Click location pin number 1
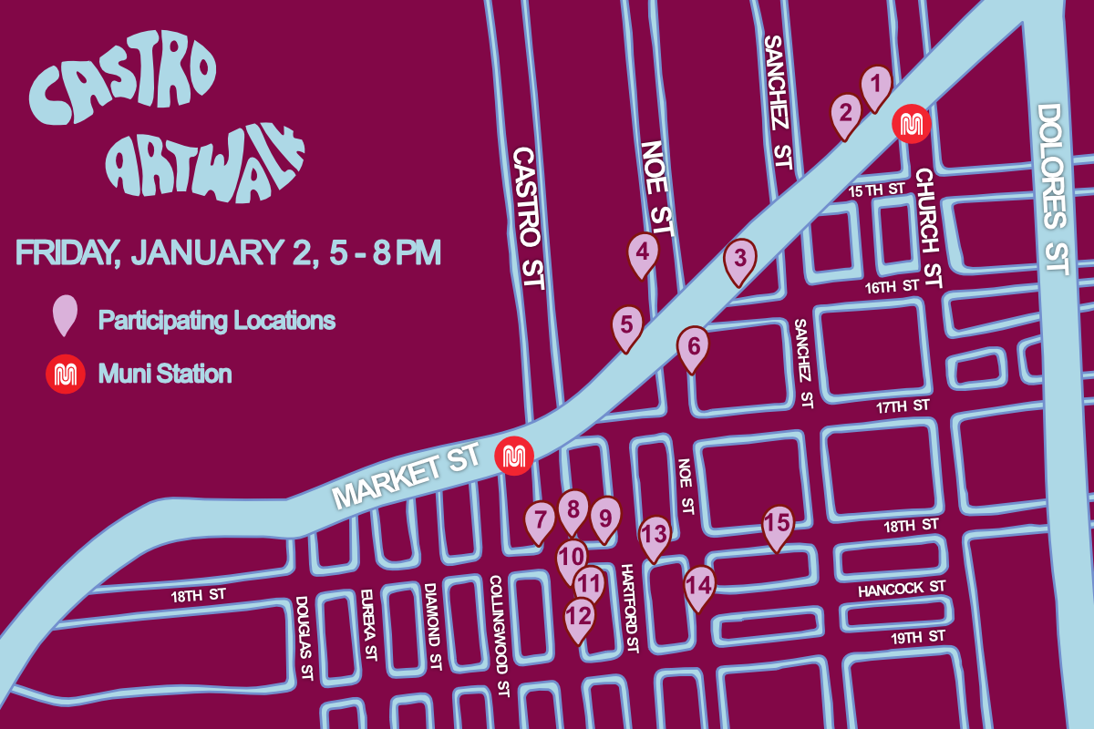coord(876,87)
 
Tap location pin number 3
coord(740,259)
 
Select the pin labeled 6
coord(693,347)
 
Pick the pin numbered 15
coord(777,524)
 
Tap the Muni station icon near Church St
coord(909,124)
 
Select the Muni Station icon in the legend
coord(66,375)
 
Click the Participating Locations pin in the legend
coord(66,316)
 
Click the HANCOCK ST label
coord(902,590)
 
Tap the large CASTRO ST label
coord(526,219)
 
